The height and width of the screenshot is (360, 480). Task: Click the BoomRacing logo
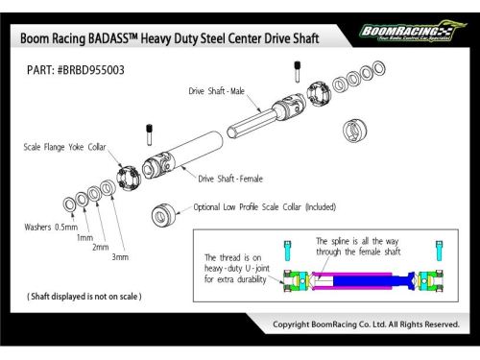[x=413, y=31]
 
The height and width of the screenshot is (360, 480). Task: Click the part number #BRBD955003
[x=91, y=70]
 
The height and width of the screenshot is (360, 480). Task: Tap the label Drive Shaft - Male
[x=217, y=91]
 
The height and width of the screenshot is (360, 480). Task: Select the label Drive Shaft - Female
[x=230, y=179]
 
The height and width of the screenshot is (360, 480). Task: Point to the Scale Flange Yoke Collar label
[x=64, y=147]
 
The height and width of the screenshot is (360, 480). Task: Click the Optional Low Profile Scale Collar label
[x=265, y=207]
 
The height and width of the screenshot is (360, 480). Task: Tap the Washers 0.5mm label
[x=51, y=228]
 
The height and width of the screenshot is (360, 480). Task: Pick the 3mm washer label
[x=120, y=257]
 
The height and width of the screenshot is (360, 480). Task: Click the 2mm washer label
[x=101, y=247]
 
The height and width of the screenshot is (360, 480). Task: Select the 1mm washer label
[x=84, y=237]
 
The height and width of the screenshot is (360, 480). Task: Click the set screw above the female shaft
[x=149, y=134]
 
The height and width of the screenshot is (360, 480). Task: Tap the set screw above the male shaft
[x=298, y=72]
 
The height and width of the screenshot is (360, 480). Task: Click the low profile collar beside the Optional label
[x=163, y=215]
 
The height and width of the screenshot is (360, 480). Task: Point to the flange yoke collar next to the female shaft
[x=129, y=179]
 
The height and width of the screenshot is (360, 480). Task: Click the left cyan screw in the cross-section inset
[x=287, y=252]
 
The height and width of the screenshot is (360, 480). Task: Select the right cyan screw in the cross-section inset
[x=440, y=252]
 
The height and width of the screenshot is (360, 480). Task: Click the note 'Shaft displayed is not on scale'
[x=84, y=297]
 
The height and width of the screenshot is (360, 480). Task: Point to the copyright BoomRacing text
[x=366, y=324]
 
